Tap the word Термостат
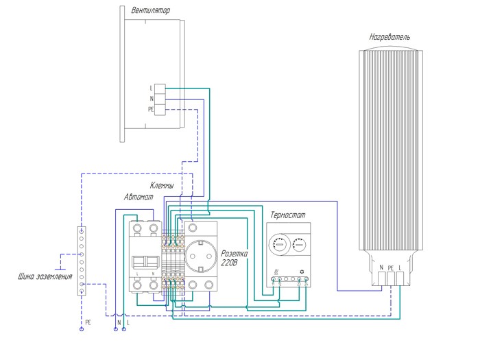(290, 215)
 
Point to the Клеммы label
(162, 186)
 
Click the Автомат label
(139, 197)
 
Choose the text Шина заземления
(45, 277)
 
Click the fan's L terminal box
(160, 88)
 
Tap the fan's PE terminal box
(160, 109)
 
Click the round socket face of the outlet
(200, 253)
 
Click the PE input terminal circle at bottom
(82, 329)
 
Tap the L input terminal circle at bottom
(124, 329)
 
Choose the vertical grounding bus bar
(82, 261)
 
